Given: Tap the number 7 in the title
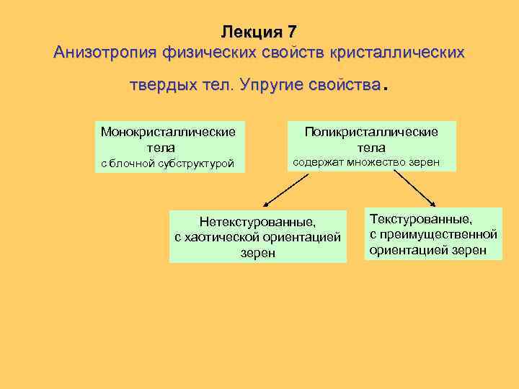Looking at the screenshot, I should pos(291,32).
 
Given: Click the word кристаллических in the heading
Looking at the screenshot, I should pos(397,53).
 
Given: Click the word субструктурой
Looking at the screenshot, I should pos(200,164).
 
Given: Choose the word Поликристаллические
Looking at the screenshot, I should pos(371,133).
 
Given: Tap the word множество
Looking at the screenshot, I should pos(376,162).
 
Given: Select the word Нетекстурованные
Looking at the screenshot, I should pos(258,222).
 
